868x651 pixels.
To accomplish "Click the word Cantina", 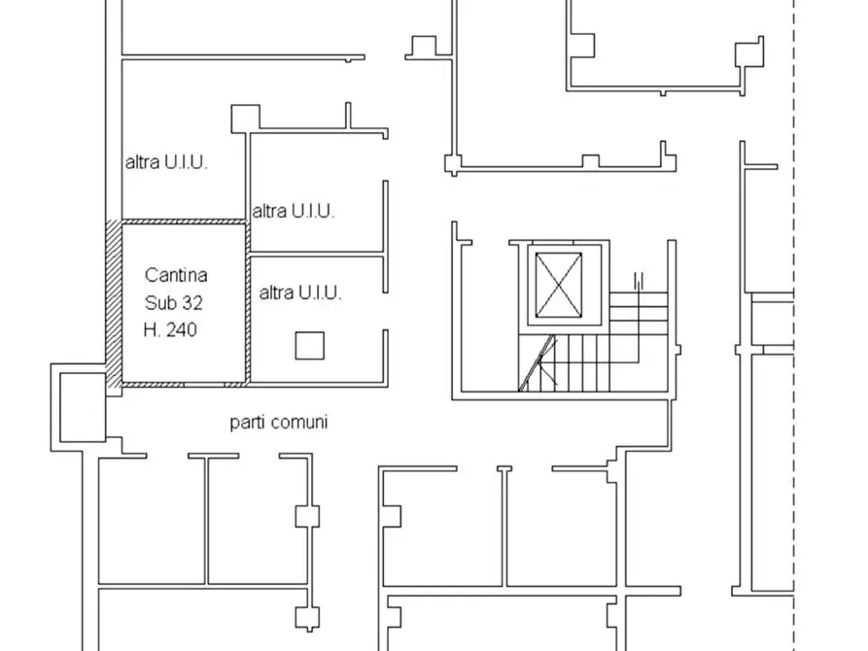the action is (x=176, y=275).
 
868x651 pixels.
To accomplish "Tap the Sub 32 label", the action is (x=174, y=303).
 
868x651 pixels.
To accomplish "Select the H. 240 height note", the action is (x=170, y=330).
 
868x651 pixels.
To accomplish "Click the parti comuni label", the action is (x=278, y=423).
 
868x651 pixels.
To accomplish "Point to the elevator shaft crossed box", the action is (x=559, y=285).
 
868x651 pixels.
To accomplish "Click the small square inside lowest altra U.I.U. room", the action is (x=309, y=346).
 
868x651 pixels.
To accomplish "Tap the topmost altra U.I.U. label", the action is (x=166, y=162).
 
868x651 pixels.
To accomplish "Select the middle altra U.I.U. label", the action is (x=294, y=211).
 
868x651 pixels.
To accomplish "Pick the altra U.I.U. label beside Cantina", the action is (x=300, y=292).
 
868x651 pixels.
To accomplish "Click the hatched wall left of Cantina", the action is (x=114, y=308).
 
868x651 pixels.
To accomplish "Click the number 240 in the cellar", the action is (x=182, y=330).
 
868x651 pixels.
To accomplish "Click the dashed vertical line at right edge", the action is (x=794, y=325).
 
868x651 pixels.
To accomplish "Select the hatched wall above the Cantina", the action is (x=184, y=222).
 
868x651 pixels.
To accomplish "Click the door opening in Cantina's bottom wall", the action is (x=204, y=384).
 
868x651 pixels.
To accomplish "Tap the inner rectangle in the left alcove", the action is (x=83, y=407).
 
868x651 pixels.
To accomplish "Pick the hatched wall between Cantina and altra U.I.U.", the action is (x=248, y=302).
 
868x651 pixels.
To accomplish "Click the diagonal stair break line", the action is (x=537, y=362).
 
